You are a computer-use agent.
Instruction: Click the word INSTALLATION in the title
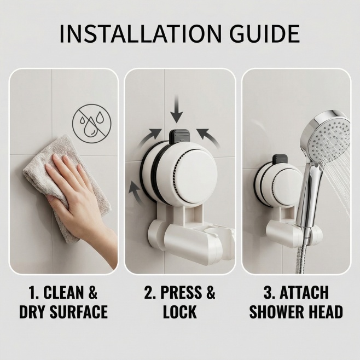[x=140, y=34]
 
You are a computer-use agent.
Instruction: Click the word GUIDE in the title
[x=265, y=34]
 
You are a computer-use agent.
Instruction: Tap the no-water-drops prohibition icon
[x=91, y=124]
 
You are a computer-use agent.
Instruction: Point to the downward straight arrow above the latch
[x=177, y=108]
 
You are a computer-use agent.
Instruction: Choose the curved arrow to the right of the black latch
[x=210, y=137]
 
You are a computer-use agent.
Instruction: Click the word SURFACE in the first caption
[x=79, y=312]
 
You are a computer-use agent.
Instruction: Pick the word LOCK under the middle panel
[x=180, y=312]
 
